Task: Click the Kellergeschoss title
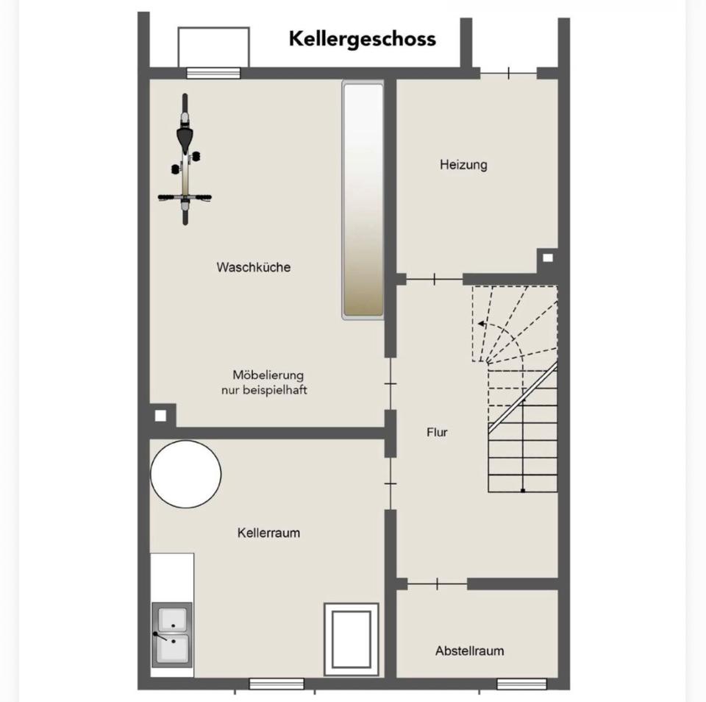(x=363, y=39)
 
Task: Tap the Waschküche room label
(x=254, y=267)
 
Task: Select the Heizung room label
(x=463, y=165)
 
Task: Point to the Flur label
(x=437, y=433)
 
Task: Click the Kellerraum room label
(x=268, y=533)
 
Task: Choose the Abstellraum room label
(x=470, y=651)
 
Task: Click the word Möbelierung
(x=268, y=375)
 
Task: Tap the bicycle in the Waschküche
(x=185, y=159)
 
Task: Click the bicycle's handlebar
(x=185, y=197)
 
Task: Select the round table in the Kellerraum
(x=185, y=474)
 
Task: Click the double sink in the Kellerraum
(x=172, y=635)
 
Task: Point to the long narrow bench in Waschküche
(x=363, y=200)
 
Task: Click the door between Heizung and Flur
(x=435, y=280)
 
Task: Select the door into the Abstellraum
(x=437, y=584)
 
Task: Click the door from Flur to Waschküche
(x=391, y=384)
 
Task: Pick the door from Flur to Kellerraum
(x=391, y=484)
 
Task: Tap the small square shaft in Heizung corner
(x=547, y=258)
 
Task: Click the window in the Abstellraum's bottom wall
(x=521, y=684)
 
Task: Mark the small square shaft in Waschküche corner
(x=160, y=416)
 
